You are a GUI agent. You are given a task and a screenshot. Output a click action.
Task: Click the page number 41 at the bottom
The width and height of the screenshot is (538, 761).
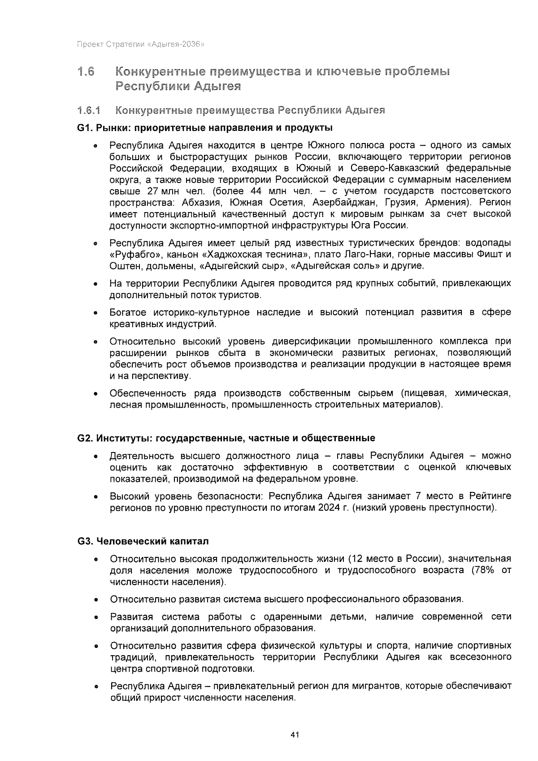click(295, 735)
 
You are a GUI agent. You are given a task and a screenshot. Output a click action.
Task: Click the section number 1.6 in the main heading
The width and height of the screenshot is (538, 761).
click(86, 72)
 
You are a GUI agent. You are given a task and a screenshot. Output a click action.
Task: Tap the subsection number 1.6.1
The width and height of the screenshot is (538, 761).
click(89, 110)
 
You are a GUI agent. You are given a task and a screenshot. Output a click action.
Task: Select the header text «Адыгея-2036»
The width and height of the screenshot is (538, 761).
click(176, 44)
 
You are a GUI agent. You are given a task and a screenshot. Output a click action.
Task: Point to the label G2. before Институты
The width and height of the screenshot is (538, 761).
click(85, 438)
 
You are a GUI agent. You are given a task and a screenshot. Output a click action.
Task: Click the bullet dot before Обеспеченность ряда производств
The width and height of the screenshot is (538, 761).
click(95, 395)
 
